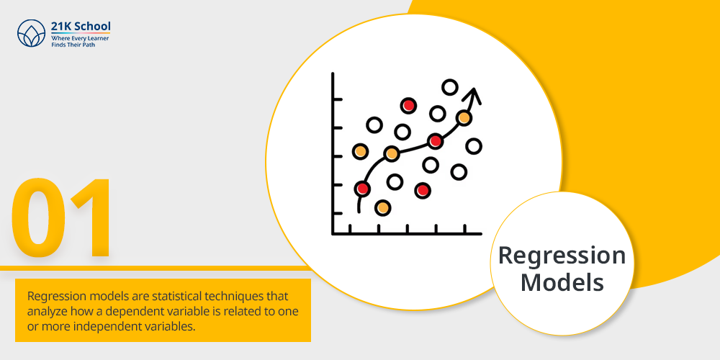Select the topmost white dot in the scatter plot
pyautogui.click(x=449, y=87)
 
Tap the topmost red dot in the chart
pyautogui.click(x=408, y=106)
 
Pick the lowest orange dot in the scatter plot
pyautogui.click(x=382, y=208)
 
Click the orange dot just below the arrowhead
pyautogui.click(x=464, y=118)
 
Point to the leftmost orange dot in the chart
pyautogui.click(x=361, y=151)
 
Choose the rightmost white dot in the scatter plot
pyautogui.click(x=473, y=146)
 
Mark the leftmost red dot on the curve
pyautogui.click(x=362, y=188)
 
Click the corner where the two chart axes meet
pyautogui.click(x=333, y=234)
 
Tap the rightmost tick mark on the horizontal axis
pyautogui.click(x=464, y=229)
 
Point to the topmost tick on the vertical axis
pyautogui.click(x=337, y=99)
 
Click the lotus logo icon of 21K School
pyautogui.click(x=31, y=33)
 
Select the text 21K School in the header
pyautogui.click(x=81, y=27)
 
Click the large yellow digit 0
pyautogui.click(x=38, y=217)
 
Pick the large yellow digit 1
pyautogui.click(x=92, y=217)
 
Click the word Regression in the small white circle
pyautogui.click(x=562, y=256)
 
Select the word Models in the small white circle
pyautogui.click(x=562, y=282)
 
